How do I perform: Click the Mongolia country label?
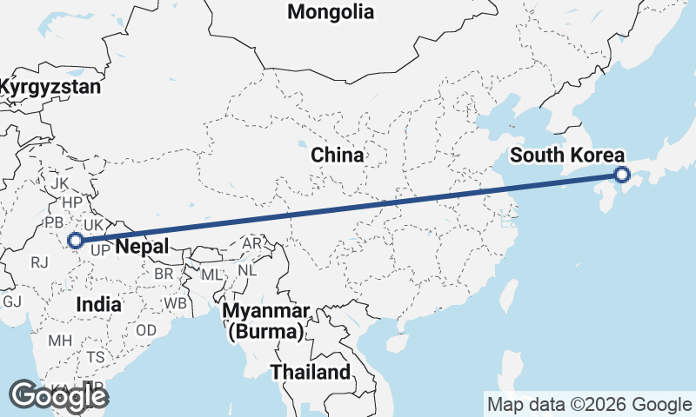pyautogui.click(x=331, y=12)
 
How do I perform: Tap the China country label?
pyautogui.click(x=338, y=156)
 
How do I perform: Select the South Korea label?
pyautogui.click(x=567, y=156)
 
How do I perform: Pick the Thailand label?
pyautogui.click(x=311, y=373)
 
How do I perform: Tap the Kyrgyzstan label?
pyautogui.click(x=50, y=87)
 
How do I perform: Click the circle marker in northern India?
pyautogui.click(x=76, y=241)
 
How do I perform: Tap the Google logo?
pyautogui.click(x=58, y=396)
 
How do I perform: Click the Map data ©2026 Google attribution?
pyautogui.click(x=589, y=405)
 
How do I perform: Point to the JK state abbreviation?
pyautogui.click(x=59, y=184)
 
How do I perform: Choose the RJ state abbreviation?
pyautogui.click(x=38, y=261)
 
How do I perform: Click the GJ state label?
pyautogui.click(x=12, y=301)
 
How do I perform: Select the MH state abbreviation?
pyautogui.click(x=60, y=341)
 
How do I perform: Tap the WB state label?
pyautogui.click(x=176, y=304)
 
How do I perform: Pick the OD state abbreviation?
pyautogui.click(x=146, y=331)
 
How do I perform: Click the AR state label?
pyautogui.click(x=251, y=244)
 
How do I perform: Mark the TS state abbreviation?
pyautogui.click(x=95, y=357)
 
